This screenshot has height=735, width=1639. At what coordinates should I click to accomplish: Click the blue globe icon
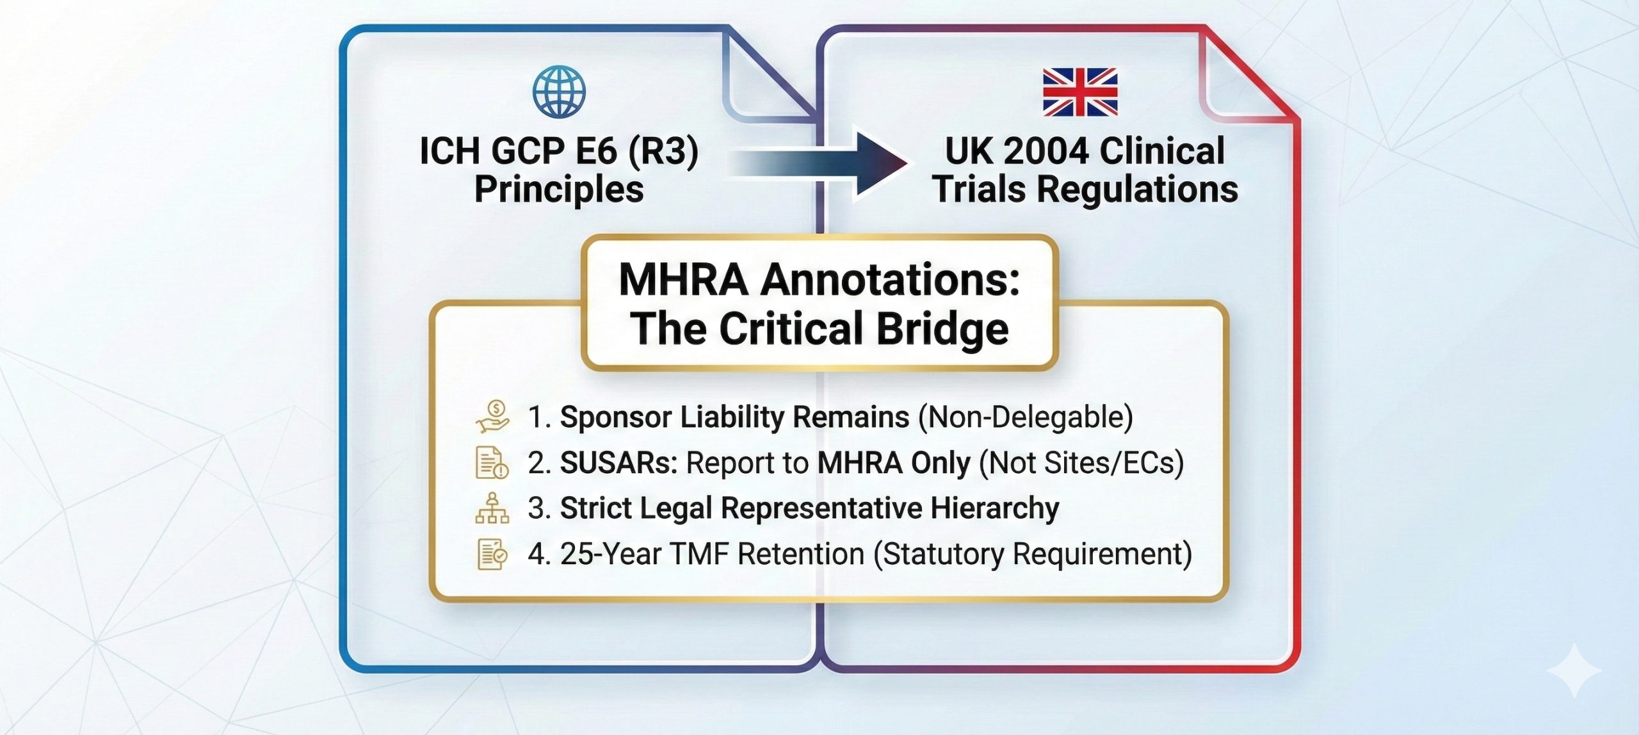559,92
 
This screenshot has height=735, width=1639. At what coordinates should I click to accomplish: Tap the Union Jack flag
1080,92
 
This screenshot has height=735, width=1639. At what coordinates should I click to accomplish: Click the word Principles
559,190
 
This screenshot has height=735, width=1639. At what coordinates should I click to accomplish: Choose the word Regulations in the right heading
1137,190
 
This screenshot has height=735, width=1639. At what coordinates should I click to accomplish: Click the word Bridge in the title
942,329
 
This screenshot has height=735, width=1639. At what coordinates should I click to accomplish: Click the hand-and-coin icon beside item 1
492,416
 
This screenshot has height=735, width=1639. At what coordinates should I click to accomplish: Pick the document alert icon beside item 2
492,463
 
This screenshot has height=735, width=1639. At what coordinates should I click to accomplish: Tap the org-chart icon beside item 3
492,508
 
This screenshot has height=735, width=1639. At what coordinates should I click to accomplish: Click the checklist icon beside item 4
492,554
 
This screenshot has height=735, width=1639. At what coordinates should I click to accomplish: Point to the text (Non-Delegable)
1025,417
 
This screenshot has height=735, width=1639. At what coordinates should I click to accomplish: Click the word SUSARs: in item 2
618,463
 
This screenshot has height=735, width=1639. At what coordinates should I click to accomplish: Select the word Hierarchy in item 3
995,508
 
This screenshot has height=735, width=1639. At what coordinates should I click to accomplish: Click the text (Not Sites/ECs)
1081,463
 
